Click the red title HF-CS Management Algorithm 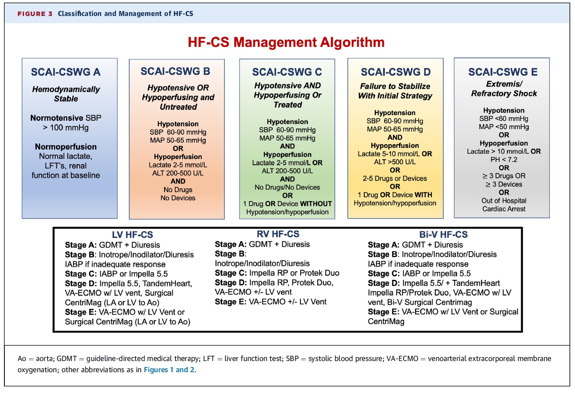(286, 42)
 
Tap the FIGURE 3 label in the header (35, 14)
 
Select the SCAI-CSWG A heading (66, 72)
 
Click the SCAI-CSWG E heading (503, 72)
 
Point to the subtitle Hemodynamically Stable (66, 94)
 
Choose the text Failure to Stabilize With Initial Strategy (395, 91)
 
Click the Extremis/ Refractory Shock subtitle (504, 89)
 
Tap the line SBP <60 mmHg (503, 119)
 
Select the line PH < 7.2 (503, 160)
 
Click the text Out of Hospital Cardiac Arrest (503, 205)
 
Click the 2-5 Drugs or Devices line (395, 178)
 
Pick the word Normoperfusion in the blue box (66, 147)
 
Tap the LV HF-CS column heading (132, 235)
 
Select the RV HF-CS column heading (278, 234)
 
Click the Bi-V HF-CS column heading (443, 234)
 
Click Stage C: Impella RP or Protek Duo (277, 273)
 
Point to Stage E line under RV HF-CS (271, 301)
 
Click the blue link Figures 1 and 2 (169, 370)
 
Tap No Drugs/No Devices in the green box (287, 187)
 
